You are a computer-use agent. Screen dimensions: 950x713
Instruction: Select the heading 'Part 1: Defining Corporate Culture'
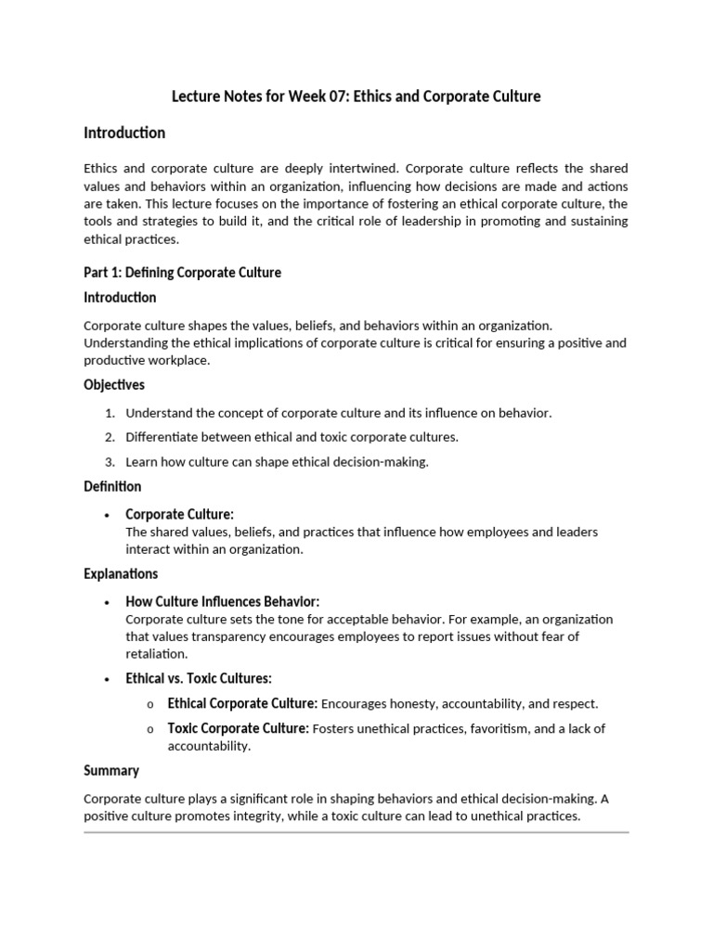[x=182, y=273]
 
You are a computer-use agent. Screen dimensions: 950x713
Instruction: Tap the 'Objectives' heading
[x=114, y=385]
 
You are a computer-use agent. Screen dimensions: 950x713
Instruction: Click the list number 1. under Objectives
[x=110, y=413]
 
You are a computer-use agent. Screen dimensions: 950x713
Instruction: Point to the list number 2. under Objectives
[x=110, y=437]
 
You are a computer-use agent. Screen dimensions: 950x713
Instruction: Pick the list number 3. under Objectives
[x=110, y=462]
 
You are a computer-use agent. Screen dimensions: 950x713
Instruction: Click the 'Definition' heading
[x=112, y=487]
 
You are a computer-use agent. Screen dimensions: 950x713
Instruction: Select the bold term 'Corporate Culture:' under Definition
[x=179, y=514]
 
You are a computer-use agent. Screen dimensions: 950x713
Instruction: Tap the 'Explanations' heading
[x=121, y=574]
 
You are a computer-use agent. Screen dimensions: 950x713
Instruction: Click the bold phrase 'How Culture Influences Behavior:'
[x=222, y=601]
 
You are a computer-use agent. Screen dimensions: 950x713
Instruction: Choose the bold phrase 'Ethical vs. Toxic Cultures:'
[x=199, y=678]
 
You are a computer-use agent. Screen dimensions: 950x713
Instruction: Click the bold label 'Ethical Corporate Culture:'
[x=242, y=703]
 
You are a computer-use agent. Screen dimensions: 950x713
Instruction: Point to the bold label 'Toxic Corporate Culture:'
[x=238, y=728]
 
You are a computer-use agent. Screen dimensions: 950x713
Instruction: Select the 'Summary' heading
[x=111, y=771]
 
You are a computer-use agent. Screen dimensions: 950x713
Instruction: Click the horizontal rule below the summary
[x=356, y=833]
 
